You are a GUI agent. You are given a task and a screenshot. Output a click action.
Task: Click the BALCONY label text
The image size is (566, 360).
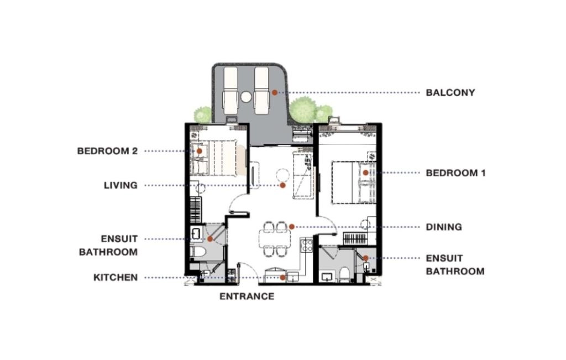click(450, 93)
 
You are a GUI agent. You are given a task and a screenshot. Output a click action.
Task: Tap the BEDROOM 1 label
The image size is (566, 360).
click(455, 173)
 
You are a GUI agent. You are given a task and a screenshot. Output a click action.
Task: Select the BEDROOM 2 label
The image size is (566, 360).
click(107, 150)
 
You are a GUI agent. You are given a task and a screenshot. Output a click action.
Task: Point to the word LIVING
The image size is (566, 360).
click(120, 185)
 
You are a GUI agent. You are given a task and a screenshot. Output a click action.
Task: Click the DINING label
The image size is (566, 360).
click(443, 227)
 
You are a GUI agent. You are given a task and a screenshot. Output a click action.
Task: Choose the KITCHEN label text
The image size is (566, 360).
click(115, 278)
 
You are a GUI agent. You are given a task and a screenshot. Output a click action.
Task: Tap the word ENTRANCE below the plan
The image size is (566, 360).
click(247, 296)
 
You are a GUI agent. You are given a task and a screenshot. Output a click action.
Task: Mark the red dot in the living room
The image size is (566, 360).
click(282, 185)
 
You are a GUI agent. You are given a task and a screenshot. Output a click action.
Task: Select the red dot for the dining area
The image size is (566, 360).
click(292, 227)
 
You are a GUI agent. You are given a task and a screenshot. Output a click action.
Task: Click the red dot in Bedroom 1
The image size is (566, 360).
click(366, 173)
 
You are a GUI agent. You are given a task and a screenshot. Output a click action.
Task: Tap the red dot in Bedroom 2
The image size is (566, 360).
click(198, 150)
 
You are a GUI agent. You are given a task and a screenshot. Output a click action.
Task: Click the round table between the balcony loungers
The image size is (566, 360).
click(246, 97)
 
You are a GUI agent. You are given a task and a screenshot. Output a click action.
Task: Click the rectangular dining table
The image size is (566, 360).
click(274, 238)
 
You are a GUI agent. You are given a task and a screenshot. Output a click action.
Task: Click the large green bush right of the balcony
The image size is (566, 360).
click(303, 109)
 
